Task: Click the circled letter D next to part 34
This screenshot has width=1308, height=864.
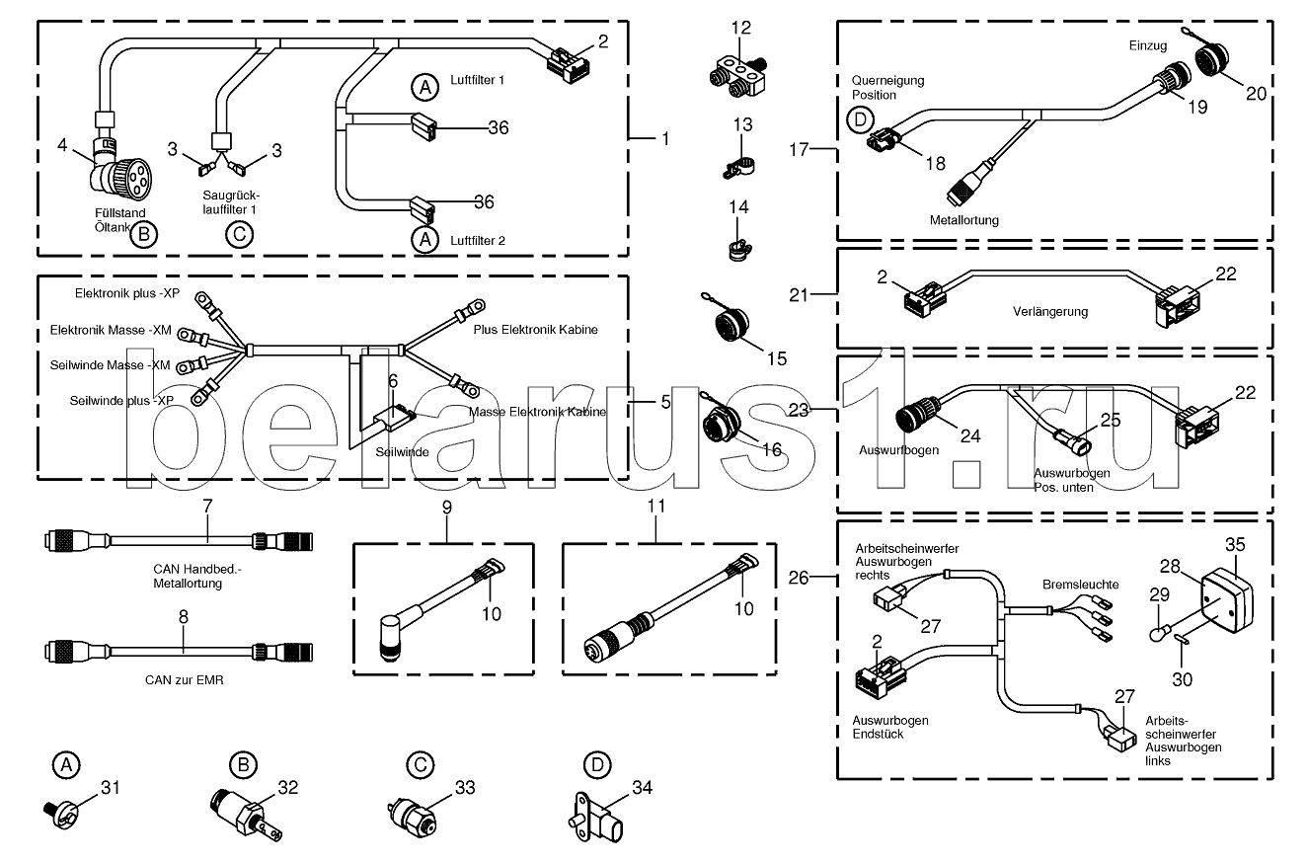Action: click(596, 764)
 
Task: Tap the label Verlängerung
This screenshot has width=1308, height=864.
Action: click(1050, 311)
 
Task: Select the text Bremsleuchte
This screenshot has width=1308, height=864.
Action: click(1080, 585)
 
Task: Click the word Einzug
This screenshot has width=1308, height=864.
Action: click(1148, 46)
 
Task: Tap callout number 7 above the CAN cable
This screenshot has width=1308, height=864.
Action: click(207, 506)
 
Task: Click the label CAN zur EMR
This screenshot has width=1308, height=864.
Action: click(182, 680)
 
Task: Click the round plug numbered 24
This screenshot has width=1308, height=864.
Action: click(918, 414)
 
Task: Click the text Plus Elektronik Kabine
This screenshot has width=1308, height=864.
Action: click(535, 329)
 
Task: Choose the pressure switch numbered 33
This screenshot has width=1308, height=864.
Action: click(413, 817)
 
